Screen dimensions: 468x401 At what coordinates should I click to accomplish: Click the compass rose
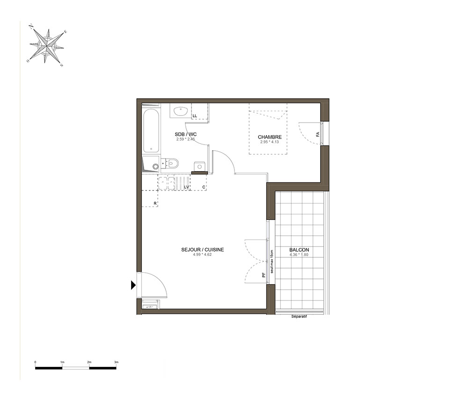click(46, 46)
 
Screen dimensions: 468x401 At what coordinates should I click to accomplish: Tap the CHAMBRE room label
click(270, 137)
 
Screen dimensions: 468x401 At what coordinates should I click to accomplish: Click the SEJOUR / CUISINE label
click(202, 250)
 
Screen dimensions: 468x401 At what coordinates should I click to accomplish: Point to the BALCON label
click(299, 250)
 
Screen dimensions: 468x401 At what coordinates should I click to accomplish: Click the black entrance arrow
click(133, 285)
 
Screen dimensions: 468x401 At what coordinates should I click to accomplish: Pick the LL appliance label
click(195, 116)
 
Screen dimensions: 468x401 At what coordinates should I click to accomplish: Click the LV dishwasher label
click(187, 187)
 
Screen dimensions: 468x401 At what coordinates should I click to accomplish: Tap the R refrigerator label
click(155, 204)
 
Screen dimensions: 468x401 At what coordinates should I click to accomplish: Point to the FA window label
click(318, 134)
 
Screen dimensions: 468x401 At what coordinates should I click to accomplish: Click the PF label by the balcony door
click(263, 276)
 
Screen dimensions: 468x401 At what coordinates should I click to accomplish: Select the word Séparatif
click(299, 317)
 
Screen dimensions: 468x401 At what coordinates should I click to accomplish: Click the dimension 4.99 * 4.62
click(202, 255)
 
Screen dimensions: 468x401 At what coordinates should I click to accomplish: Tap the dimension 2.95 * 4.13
click(270, 142)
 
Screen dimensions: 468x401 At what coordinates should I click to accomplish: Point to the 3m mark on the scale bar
click(116, 362)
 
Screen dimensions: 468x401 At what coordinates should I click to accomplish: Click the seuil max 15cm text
click(271, 262)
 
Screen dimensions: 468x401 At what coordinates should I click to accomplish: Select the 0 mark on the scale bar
click(35, 362)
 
